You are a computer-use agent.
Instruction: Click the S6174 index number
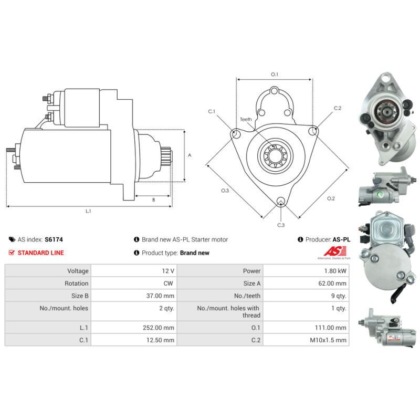pos(54,239)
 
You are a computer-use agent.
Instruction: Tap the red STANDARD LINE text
pos(41,253)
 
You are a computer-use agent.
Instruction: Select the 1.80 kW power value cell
pos(306,271)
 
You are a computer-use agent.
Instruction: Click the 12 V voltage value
pos(168,271)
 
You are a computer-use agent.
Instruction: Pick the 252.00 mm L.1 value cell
pos(134,328)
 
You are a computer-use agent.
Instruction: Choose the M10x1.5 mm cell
pos(306,340)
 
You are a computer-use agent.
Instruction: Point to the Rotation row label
pos(76,283)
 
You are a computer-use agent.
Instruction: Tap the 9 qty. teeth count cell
pos(306,296)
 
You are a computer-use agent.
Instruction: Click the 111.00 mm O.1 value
pos(331,328)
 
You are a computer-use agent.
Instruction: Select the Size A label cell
pos(220,283)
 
